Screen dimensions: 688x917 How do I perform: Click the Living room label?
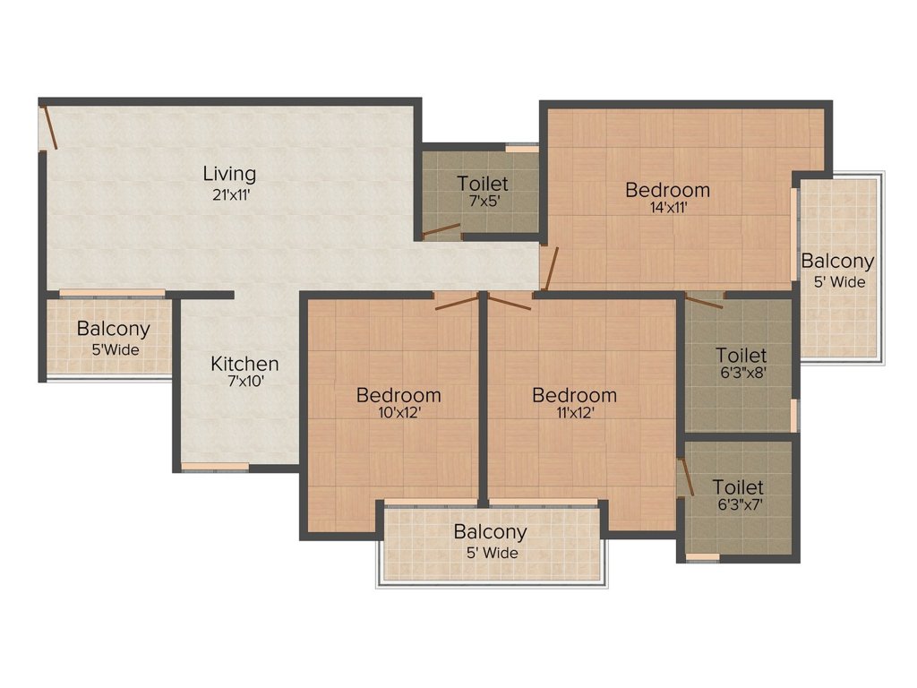coord(229,173)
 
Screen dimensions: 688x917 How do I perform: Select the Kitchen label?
coord(244,364)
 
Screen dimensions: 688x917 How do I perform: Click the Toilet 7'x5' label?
coord(483,184)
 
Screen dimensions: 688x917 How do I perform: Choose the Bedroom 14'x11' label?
coord(667,190)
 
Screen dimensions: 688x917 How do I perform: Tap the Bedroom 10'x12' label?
coord(398,395)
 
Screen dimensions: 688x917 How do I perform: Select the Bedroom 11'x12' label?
coord(574,395)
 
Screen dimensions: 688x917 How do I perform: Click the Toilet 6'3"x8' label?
coord(741,356)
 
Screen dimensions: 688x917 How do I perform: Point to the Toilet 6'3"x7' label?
coord(738,487)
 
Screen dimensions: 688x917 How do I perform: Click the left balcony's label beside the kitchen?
coord(113,329)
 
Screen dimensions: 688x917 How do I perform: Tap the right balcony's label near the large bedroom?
coord(837,262)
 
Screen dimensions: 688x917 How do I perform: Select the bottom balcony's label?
coord(490,532)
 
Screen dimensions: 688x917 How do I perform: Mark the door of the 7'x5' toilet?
coord(441,231)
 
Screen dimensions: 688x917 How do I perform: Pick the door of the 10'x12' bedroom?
coord(457,301)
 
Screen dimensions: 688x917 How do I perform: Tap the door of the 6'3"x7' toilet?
coord(686,477)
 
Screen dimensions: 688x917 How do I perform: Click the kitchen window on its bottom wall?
coord(215,466)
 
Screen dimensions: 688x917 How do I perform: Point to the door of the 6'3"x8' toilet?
coord(704,300)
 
